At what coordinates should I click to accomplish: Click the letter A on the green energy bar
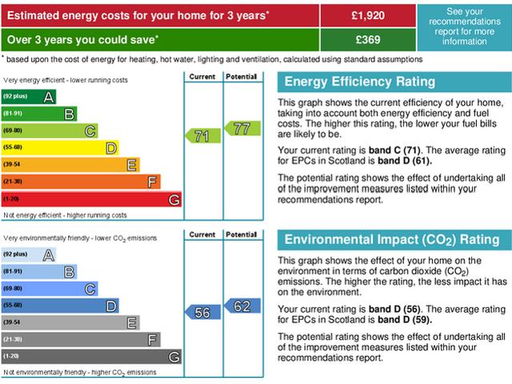[49, 97]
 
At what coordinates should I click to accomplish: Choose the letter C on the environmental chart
[90, 288]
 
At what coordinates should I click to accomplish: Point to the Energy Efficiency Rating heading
[360, 82]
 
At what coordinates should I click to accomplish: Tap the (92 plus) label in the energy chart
[15, 97]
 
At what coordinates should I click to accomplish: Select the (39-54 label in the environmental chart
[13, 322]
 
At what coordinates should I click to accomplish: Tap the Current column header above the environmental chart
[202, 234]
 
